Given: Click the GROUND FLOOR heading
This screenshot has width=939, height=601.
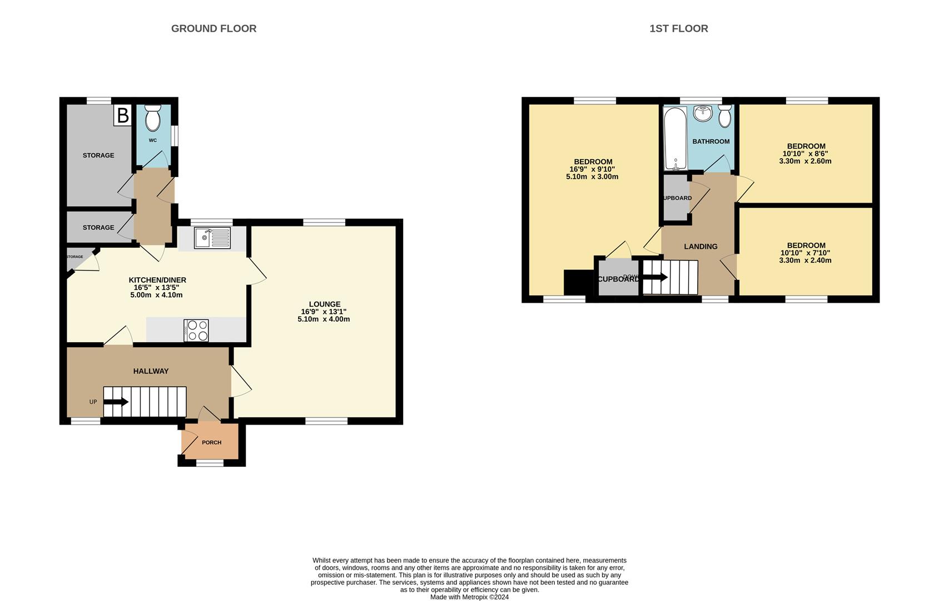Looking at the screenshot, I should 213,28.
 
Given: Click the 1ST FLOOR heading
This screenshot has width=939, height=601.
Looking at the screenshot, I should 678,28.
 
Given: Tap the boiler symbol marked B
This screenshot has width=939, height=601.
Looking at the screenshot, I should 123,116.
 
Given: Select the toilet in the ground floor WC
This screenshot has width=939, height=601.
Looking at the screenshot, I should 152,117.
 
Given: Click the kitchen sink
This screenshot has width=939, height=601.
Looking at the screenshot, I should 212,238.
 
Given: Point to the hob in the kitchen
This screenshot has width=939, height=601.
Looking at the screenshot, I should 196,330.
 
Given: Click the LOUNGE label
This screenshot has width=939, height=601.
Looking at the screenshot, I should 325,304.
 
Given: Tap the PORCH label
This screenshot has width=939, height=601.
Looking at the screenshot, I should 211,442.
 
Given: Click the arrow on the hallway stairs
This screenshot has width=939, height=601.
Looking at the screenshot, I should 116,401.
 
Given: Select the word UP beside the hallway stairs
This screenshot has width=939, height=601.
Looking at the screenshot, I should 93,402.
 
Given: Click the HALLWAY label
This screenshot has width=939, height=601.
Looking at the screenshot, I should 151,371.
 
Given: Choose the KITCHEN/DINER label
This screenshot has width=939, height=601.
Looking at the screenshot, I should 157,280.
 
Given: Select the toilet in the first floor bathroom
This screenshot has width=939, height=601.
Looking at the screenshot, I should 724,117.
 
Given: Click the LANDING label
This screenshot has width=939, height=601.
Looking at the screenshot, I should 700,247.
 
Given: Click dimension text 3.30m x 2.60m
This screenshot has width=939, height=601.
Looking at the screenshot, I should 805,161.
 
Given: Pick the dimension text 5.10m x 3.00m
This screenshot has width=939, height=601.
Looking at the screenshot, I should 592,177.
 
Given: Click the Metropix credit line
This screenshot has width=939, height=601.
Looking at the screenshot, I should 469,597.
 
